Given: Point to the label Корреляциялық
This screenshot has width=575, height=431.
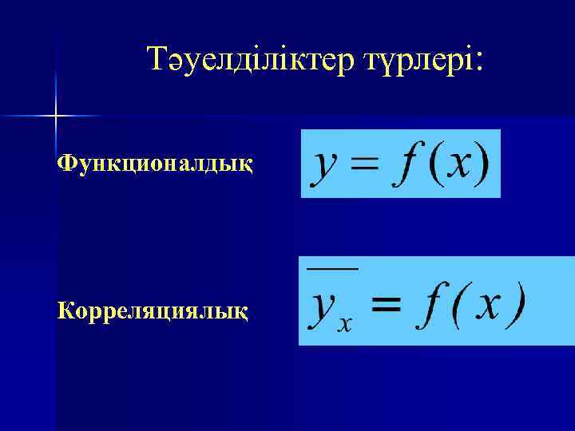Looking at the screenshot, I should (x=153, y=308).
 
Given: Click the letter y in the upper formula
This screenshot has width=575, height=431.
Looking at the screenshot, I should (x=325, y=165).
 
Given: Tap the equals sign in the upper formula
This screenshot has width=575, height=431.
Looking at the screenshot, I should (x=363, y=163).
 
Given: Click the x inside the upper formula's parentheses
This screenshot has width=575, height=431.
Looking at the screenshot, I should (x=457, y=163).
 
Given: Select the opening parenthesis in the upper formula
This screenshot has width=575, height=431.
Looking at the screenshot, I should (x=430, y=164).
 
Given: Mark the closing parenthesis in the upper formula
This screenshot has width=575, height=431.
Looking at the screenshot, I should (x=482, y=164).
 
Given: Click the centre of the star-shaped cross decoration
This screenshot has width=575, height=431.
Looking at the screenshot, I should (x=54, y=117).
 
